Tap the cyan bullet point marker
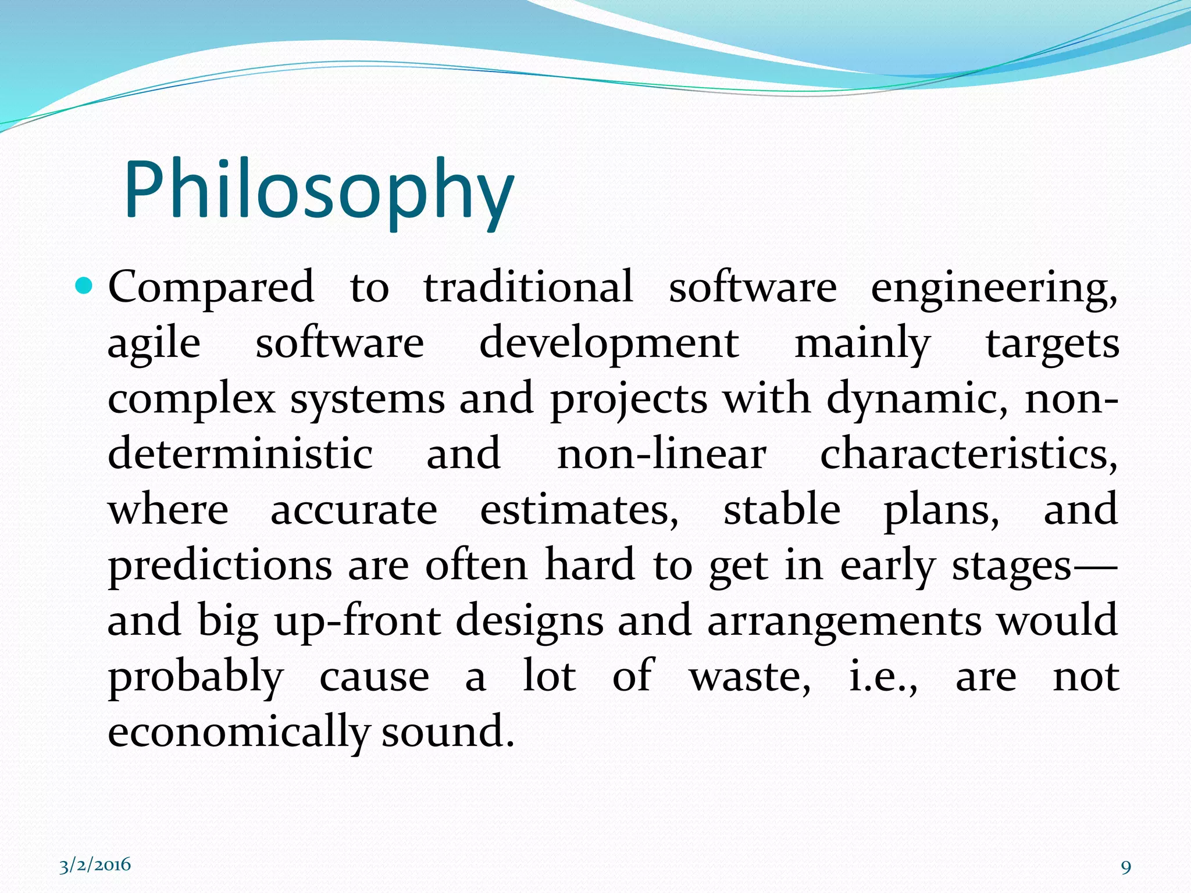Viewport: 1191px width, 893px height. (x=84, y=286)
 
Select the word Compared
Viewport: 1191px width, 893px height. (x=211, y=287)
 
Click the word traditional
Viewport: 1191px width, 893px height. (x=528, y=287)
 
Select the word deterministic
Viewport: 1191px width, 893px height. (x=240, y=455)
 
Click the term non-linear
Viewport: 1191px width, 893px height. (x=661, y=455)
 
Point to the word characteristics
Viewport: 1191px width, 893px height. (x=968, y=455)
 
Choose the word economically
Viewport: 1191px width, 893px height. (x=238, y=731)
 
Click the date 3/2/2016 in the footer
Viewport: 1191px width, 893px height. (x=95, y=865)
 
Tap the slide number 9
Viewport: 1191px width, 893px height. (x=1126, y=867)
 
